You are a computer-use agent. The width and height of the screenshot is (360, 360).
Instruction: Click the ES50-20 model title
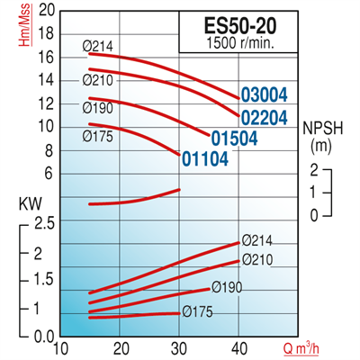pos(232,24)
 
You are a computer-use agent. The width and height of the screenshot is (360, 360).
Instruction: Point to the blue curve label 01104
pos(205,159)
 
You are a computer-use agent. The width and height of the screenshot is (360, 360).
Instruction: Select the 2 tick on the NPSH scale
pos(315,170)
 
